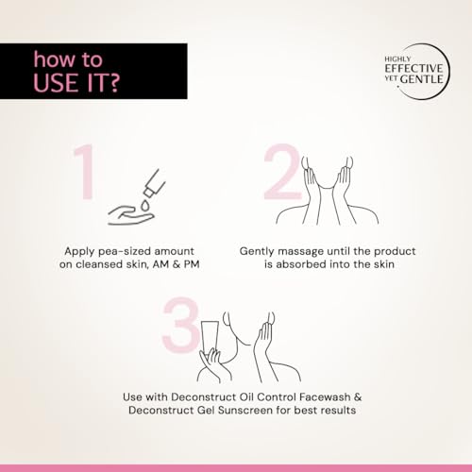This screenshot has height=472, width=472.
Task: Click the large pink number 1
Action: click(85, 172)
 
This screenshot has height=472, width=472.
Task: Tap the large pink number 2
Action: click(282, 172)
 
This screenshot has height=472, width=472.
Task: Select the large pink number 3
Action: click(181, 325)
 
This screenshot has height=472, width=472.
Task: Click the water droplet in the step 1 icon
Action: click(144, 205)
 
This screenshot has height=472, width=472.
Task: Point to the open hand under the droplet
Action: click(130, 215)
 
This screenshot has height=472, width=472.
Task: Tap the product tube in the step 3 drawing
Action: click(211, 338)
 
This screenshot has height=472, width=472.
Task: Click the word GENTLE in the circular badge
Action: click(422, 79)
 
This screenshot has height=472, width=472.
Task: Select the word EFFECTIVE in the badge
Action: click(413, 68)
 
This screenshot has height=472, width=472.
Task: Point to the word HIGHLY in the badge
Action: click(397, 59)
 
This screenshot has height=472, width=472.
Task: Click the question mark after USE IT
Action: click(114, 82)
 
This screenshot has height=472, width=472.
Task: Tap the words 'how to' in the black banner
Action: click(68, 59)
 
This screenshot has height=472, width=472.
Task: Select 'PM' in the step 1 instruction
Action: click(192, 264)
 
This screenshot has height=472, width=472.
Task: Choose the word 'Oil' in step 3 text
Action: click(246, 397)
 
